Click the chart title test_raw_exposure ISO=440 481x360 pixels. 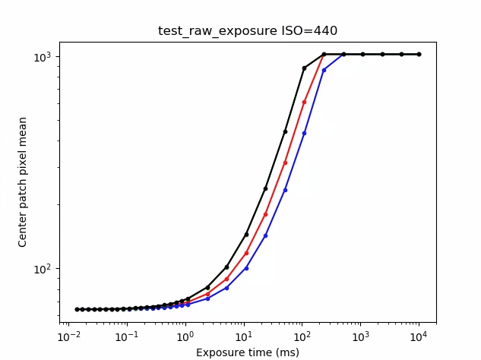[x=248, y=31]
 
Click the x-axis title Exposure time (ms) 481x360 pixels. [x=248, y=352]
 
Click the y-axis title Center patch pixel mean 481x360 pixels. [x=23, y=182]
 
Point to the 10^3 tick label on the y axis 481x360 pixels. [x=48, y=57]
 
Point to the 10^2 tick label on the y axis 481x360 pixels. [x=48, y=269]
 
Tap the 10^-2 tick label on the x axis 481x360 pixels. [x=70, y=336]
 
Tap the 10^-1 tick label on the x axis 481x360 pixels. [x=128, y=336]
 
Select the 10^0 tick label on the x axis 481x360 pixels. [x=186, y=336]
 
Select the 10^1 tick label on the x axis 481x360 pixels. [x=244, y=336]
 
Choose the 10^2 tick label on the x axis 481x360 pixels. [x=302, y=336]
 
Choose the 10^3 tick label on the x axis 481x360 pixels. [x=360, y=336]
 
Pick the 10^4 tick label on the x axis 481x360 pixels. [x=419, y=336]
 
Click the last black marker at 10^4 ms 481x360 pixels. [x=419, y=55]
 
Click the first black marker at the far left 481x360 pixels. [x=77, y=309]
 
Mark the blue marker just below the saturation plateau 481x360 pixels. [x=324, y=70]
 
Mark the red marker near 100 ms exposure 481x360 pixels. [x=305, y=102]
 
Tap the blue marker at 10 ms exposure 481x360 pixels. [x=246, y=267]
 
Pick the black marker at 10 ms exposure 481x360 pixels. [x=246, y=235]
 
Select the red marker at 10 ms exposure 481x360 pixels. [x=246, y=253]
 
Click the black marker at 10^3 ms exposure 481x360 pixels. [x=363, y=55]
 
